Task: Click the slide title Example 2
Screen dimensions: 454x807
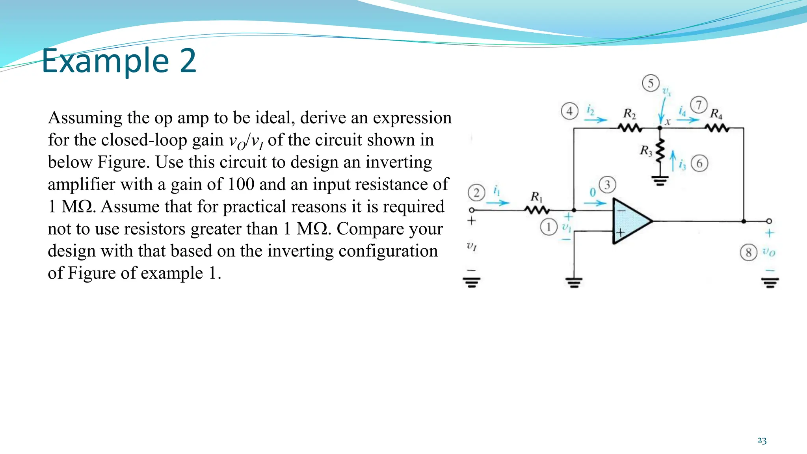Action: [119, 61]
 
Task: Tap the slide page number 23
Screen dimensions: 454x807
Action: [762, 441]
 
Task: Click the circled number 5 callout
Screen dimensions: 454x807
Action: [651, 83]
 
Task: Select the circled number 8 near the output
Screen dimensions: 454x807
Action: [748, 252]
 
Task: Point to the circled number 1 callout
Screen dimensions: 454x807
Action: [549, 227]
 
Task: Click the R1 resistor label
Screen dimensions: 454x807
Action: [536, 196]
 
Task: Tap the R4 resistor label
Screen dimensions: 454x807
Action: [716, 114]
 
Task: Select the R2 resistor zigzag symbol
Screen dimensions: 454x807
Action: [630, 128]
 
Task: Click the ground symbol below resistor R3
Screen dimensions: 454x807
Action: [660, 181]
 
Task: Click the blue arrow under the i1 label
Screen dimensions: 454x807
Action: [497, 203]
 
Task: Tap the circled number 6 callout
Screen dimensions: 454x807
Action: [699, 163]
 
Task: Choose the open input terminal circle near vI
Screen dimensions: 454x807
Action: [472, 210]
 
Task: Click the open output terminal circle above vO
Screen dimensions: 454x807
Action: [769, 221]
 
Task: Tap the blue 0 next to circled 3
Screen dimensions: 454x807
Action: [592, 193]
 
